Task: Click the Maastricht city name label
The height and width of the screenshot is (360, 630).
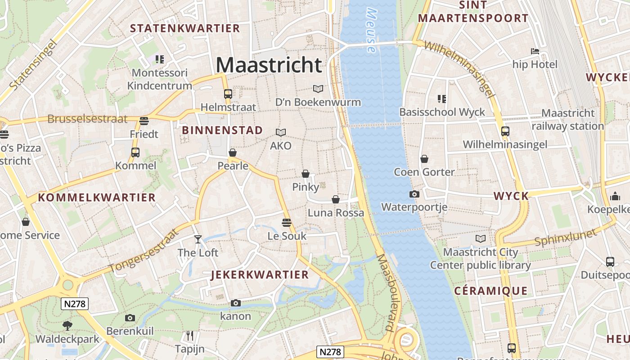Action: click(269, 65)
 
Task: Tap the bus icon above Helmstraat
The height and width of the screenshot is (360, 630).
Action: click(228, 94)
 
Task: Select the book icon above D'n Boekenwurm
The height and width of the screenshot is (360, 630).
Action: click(318, 89)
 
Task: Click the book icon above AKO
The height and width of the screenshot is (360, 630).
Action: click(281, 132)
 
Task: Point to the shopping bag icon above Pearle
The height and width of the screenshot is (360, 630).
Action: click(233, 153)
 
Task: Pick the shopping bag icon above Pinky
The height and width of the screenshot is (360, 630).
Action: click(306, 174)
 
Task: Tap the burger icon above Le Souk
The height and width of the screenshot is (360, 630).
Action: click(286, 222)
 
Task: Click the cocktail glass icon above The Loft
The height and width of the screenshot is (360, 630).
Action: click(198, 239)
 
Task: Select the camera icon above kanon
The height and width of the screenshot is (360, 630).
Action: click(235, 303)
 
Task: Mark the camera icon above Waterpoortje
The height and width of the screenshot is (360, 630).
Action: click(414, 194)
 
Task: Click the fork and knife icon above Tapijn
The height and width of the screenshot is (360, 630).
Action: click(190, 336)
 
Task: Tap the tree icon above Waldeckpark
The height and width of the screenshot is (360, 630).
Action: click(67, 325)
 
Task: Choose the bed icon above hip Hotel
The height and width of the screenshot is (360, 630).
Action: click(535, 51)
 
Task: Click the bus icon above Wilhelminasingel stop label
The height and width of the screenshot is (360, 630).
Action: click(505, 131)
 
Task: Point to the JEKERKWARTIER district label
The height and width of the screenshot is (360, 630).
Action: click(260, 274)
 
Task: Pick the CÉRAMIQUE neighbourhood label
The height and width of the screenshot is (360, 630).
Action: click(490, 291)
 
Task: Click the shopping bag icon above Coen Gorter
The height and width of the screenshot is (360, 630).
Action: click(424, 159)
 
